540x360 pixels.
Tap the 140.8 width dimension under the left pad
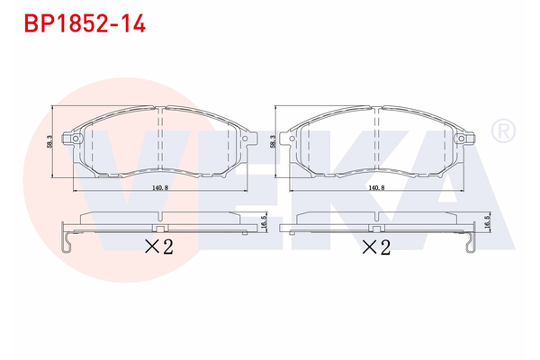pyautogui.click(x=158, y=186)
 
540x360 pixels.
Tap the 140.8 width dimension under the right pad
pyautogui.click(x=376, y=186)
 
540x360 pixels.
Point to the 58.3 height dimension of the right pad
pyautogui.click(x=273, y=141)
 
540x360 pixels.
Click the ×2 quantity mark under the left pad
pyautogui.click(x=158, y=247)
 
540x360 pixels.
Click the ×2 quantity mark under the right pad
pyautogui.click(x=375, y=247)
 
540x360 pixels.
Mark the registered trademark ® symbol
pyautogui.click(x=503, y=131)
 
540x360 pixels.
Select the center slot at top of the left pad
pyautogui.click(x=159, y=111)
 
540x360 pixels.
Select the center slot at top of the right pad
pyautogui.click(x=377, y=111)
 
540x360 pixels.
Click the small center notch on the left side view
pyautogui.click(x=158, y=218)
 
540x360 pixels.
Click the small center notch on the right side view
pyautogui.click(x=376, y=218)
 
